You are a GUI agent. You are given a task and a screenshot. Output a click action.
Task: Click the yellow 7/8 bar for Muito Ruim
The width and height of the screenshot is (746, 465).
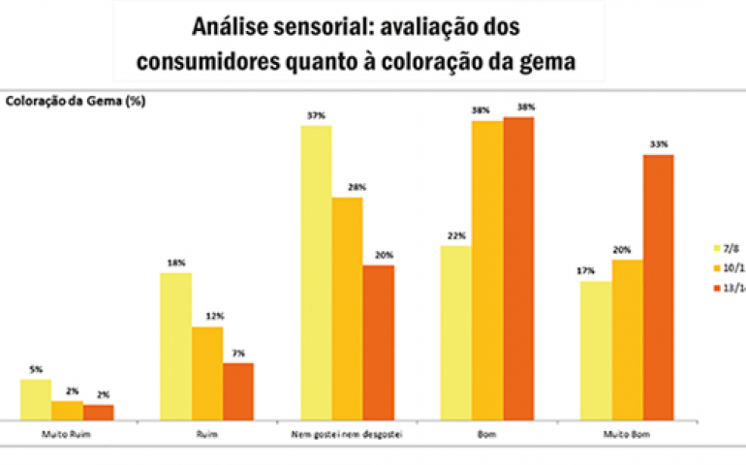pos(36,399)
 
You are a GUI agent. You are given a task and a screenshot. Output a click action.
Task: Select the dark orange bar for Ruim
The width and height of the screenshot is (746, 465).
pos(238,391)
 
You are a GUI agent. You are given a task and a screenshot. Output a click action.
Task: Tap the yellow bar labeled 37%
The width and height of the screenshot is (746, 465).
pos(316,272)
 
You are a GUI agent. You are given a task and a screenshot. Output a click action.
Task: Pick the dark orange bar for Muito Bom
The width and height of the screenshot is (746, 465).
pos(658,287)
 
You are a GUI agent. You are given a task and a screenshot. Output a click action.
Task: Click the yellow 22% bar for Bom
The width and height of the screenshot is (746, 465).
pos(456,332)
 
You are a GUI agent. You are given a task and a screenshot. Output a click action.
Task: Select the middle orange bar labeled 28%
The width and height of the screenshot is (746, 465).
pos(347,308)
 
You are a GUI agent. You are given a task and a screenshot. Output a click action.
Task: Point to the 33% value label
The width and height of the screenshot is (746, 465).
pos(659,144)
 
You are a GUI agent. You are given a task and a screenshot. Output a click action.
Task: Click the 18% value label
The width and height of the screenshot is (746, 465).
pos(175,263)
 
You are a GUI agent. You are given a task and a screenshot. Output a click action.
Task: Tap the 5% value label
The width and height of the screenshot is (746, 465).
pos(36,369)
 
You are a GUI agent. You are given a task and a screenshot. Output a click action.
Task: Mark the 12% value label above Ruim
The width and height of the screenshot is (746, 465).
pos(206,317)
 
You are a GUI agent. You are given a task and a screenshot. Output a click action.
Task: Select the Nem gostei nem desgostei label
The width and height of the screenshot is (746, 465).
pos(347,434)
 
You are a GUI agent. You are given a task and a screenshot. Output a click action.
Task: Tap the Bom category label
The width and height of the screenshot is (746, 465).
pos(487,434)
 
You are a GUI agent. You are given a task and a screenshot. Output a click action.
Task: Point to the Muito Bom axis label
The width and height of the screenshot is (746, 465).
pos(627,434)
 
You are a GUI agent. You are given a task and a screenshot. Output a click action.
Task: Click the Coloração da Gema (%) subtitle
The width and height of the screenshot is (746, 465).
pos(76,101)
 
